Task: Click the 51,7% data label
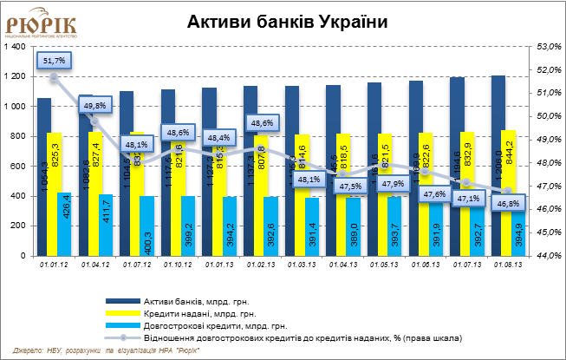click(54, 60)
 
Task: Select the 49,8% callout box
click(95, 106)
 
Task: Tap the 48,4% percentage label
click(218, 137)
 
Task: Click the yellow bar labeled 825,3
click(54, 193)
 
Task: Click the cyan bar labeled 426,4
click(64, 224)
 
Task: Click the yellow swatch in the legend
click(122, 311)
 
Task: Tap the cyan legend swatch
click(122, 324)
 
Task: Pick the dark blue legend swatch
click(122, 299)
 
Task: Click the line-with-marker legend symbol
click(122, 337)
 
